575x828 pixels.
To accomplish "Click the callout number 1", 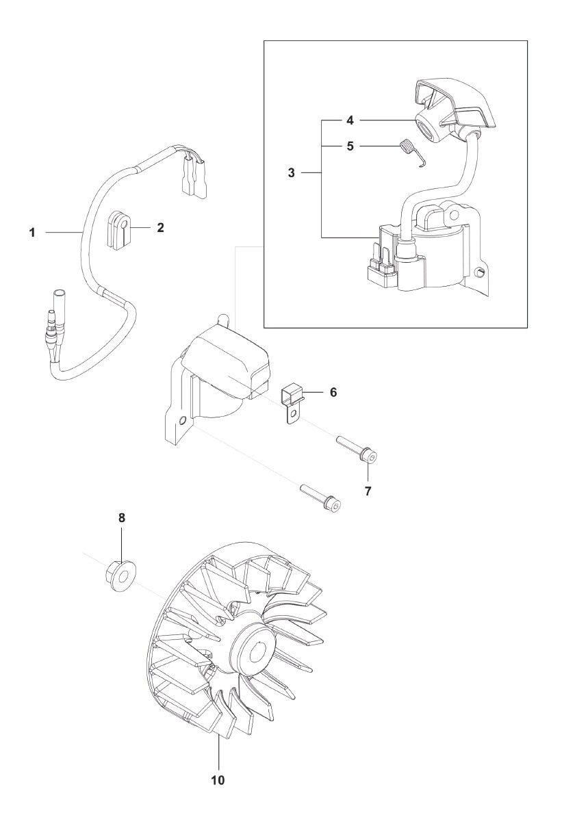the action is point(33,233).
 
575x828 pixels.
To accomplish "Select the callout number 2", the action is point(160,228).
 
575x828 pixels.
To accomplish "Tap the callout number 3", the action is point(292,172).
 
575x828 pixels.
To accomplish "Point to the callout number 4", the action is point(350,120).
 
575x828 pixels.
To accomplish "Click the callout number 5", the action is point(350,146).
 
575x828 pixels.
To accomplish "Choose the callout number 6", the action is point(333,392).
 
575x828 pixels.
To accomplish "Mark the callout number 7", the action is point(368,491).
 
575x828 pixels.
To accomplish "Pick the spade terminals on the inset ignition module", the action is point(381,257).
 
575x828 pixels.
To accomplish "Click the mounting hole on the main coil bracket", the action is point(181,421).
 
